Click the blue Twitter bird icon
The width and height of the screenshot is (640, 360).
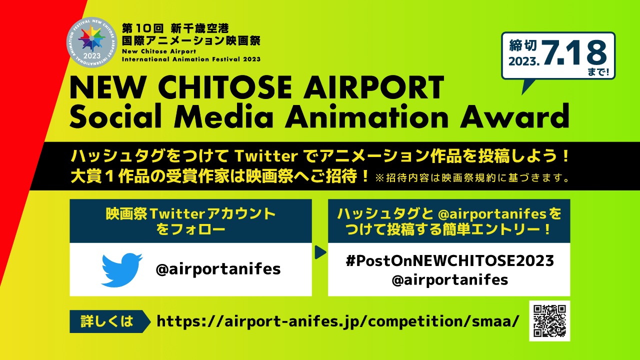click(x=122, y=269)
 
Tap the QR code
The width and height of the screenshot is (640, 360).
click(x=549, y=321)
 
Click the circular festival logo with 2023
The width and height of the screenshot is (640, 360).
click(x=92, y=42)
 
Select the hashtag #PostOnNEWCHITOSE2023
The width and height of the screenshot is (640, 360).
click(x=449, y=261)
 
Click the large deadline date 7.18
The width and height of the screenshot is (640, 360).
click(x=573, y=53)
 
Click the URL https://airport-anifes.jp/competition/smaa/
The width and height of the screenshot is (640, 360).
click(x=337, y=321)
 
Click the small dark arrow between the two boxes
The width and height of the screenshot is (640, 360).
click(x=320, y=252)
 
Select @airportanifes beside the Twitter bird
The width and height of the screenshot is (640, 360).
click(x=218, y=269)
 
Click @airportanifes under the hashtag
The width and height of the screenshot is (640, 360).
click(x=449, y=280)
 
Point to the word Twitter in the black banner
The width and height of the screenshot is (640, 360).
click(x=266, y=156)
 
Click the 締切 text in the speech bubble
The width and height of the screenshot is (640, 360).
click(x=522, y=45)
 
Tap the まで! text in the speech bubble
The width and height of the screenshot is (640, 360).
click(x=598, y=71)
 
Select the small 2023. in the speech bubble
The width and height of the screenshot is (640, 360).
click(x=524, y=61)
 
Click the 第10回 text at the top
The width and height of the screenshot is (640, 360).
click(x=143, y=28)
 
